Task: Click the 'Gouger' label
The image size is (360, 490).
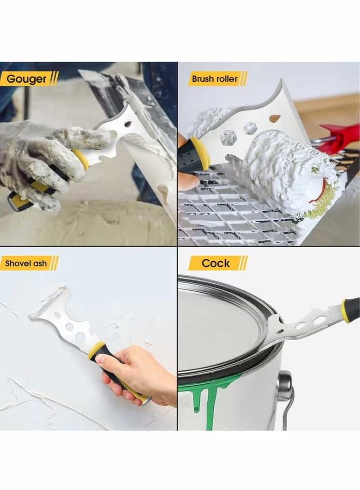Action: tap(27, 80)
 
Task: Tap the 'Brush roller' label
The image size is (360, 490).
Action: tap(215, 79)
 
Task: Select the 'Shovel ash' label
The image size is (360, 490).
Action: tap(27, 263)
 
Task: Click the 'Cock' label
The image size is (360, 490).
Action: tap(216, 263)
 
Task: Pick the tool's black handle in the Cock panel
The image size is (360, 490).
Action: tap(354, 309)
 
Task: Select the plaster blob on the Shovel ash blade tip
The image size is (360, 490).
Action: tap(47, 302)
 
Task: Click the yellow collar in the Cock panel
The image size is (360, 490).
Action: tap(345, 311)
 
